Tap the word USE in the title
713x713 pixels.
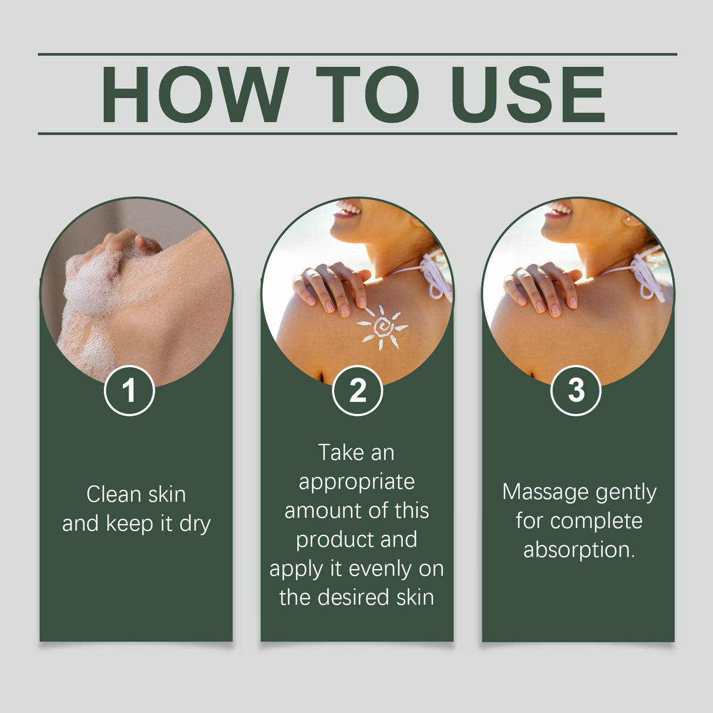tap(527, 95)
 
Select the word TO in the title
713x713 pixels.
tap(367, 95)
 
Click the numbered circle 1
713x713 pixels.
tap(129, 391)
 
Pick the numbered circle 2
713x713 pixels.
tap(357, 391)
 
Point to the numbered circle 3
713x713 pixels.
tap(576, 391)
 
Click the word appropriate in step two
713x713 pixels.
tap(356, 482)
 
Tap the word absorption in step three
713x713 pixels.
tap(579, 550)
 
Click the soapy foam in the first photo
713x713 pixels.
tap(94, 288)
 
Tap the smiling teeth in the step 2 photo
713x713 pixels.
tap(348, 208)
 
